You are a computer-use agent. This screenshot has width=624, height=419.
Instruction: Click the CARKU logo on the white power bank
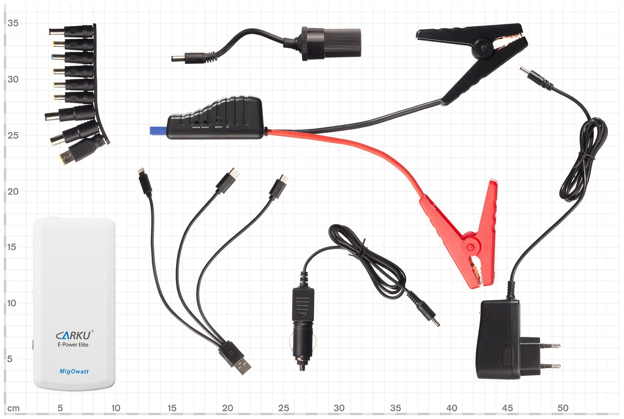coord(74,335)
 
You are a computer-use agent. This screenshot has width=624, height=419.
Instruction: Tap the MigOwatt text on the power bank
coord(74,372)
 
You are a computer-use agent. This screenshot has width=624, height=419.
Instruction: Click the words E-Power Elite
coord(73,345)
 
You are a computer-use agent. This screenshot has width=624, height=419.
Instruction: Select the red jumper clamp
coord(468,239)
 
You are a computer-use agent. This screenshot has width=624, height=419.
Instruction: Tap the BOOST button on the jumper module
coord(219,121)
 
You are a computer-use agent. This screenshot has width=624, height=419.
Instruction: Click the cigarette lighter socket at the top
coord(331,42)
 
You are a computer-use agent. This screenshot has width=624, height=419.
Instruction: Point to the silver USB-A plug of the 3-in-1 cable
coord(243,364)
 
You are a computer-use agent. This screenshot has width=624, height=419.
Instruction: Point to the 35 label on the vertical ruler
coord(13,23)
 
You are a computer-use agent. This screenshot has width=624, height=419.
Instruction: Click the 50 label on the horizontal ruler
coord(563,408)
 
